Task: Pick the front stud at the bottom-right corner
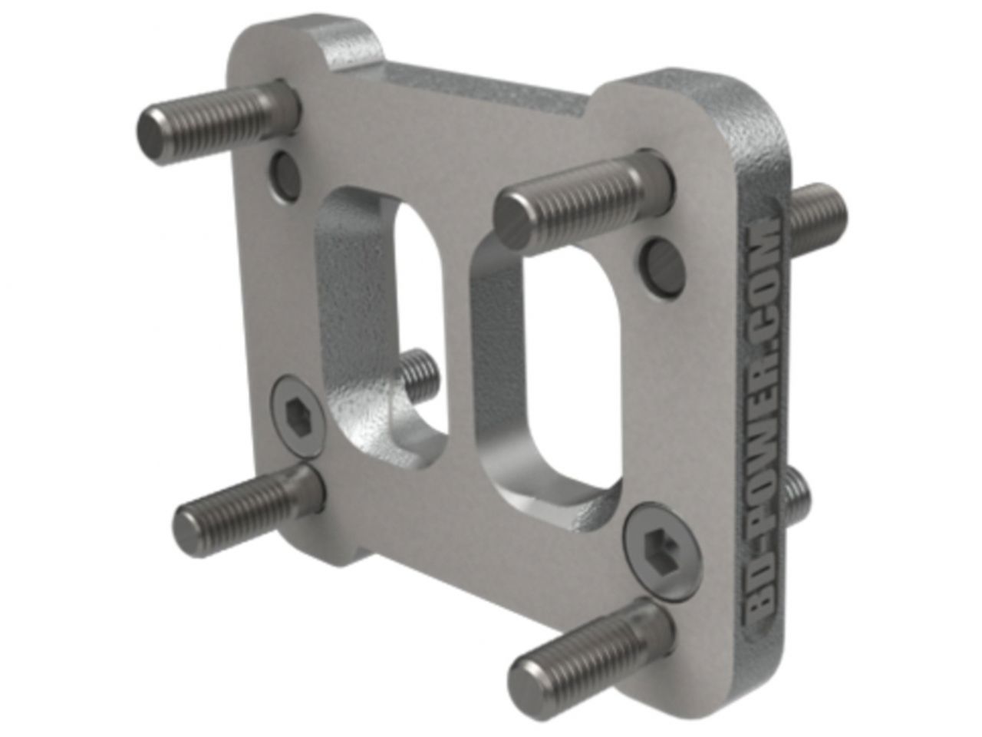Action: coord(591,645)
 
